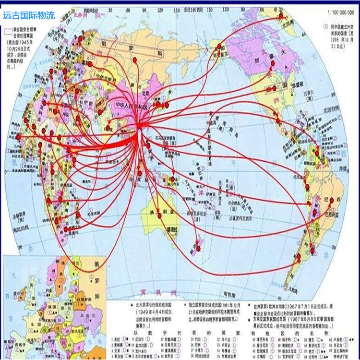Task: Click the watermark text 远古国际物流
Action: (x=29, y=15)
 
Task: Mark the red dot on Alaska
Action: (x=219, y=46)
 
